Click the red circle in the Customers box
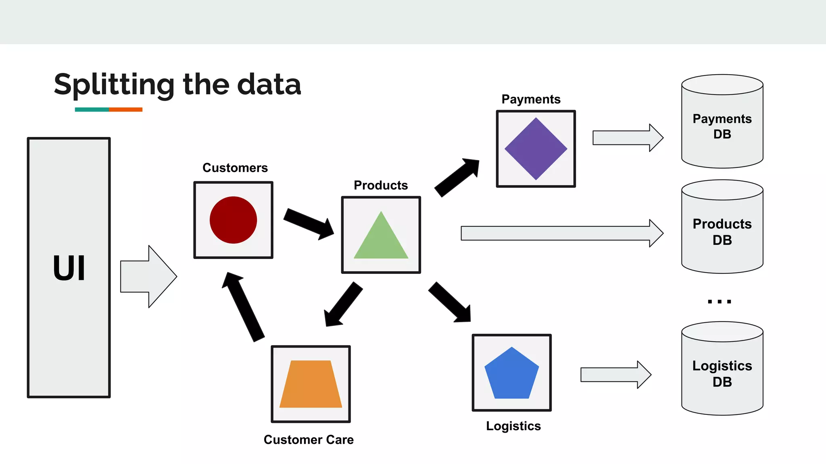click(x=233, y=220)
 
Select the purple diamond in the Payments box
click(x=536, y=149)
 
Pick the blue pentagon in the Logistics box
click(x=511, y=375)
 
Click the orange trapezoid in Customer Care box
click(x=311, y=385)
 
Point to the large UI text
click(x=69, y=268)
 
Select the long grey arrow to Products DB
click(x=561, y=233)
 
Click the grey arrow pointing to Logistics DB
click(x=615, y=375)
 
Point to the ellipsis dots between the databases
click(x=719, y=301)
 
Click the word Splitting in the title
click(x=114, y=85)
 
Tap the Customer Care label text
click(x=309, y=439)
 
